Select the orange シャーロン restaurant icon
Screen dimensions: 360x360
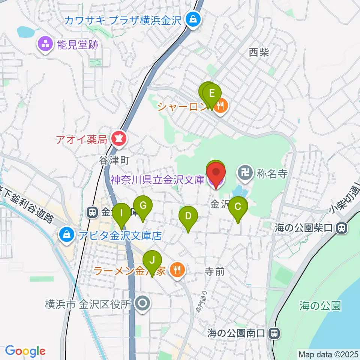(221, 106)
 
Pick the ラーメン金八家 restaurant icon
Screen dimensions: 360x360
(176, 270)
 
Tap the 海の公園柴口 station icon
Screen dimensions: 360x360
(342, 227)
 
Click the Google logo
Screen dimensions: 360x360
(25, 351)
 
